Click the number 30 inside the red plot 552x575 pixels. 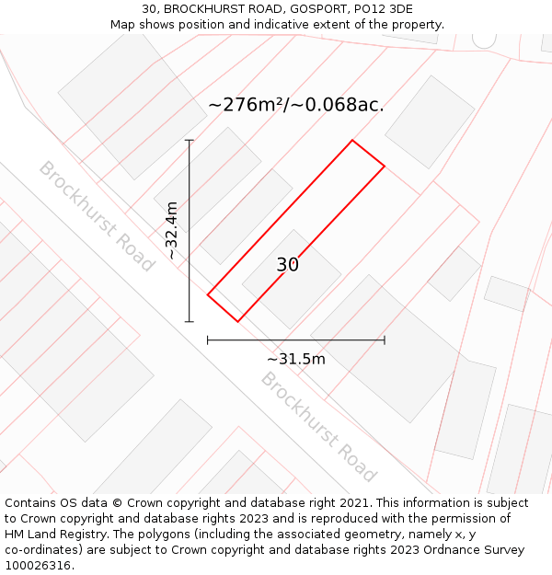pos(288,265)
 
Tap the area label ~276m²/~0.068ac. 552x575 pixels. pos(296,105)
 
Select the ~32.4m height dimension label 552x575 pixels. pos(171,231)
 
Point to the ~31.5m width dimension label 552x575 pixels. pos(296,359)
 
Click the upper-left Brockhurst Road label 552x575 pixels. pos(97,216)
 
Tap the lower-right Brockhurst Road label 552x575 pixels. pos(318,426)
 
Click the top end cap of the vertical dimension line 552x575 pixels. pos(190,140)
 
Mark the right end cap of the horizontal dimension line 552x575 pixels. pos(385,340)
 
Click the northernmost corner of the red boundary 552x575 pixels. pos(352,141)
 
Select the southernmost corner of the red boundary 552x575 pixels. pos(238,322)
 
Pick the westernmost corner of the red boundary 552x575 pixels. pos(208,295)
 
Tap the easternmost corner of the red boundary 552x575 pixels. pos(385,167)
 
